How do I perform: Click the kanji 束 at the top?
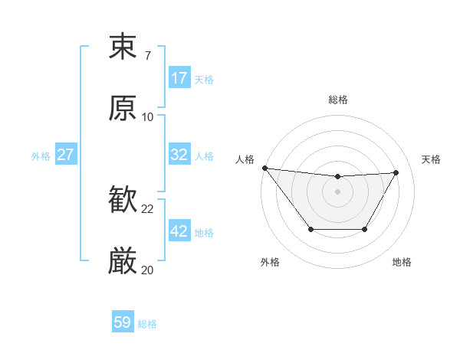click(x=123, y=47)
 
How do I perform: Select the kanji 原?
click(x=123, y=108)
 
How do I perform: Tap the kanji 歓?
click(x=123, y=201)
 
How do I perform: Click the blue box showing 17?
click(x=179, y=78)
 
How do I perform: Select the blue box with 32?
click(x=179, y=155)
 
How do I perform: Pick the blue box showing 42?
click(x=179, y=231)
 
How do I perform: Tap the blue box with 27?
click(x=66, y=155)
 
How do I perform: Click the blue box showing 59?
click(x=123, y=322)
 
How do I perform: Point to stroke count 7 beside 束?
click(x=147, y=55)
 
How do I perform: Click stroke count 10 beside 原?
click(x=148, y=116)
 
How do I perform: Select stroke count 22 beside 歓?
click(x=148, y=209)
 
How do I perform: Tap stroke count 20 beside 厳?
click(x=148, y=270)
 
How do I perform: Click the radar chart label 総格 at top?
click(x=338, y=100)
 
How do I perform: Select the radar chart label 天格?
click(x=431, y=159)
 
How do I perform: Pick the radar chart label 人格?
click(x=245, y=159)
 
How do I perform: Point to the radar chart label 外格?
click(x=269, y=262)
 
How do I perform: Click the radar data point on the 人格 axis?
click(x=264, y=168)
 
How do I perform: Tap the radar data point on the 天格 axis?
click(x=396, y=172)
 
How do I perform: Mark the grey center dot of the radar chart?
click(x=337, y=191)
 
